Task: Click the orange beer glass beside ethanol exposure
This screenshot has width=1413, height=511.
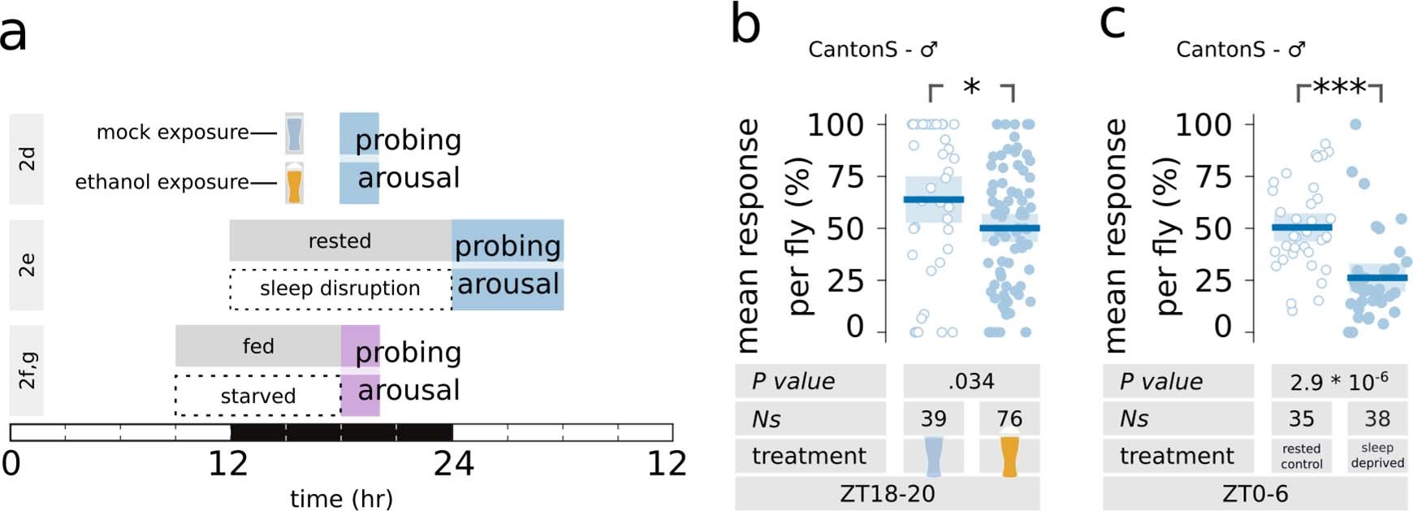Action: click(294, 182)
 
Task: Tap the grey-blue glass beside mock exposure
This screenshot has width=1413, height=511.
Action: click(294, 133)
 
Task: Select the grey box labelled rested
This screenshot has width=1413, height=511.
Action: click(339, 240)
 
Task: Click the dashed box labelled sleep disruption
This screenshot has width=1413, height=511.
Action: click(339, 288)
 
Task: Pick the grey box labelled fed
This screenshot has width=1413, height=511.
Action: click(258, 346)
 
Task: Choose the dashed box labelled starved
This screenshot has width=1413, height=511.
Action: click(257, 396)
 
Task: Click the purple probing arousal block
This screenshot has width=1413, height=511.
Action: click(360, 370)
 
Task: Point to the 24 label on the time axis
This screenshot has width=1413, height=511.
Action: click(453, 463)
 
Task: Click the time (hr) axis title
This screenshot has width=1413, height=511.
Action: click(341, 498)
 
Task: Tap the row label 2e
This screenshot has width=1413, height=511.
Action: click(27, 265)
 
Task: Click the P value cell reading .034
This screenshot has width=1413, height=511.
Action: click(971, 381)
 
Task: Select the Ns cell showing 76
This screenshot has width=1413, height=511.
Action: click(1009, 418)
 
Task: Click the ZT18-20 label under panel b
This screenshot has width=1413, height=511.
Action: click(887, 493)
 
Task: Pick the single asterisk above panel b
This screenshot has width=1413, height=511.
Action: click(971, 86)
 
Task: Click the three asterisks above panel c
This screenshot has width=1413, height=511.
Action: click(1339, 87)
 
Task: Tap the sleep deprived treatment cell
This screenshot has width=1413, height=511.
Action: click(1377, 456)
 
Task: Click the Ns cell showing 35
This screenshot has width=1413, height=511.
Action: click(1301, 418)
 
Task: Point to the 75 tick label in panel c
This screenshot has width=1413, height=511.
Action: click(1215, 176)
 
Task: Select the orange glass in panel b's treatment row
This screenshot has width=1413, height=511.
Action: click(1009, 457)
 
